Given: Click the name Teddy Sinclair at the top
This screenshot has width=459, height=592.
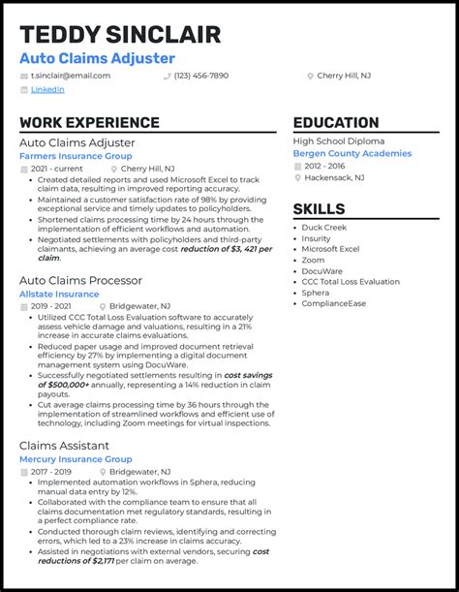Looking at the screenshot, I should click(x=120, y=35).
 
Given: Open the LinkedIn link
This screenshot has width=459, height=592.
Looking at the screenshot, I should click(x=47, y=89).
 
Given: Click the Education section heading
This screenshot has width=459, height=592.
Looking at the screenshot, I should click(x=336, y=123).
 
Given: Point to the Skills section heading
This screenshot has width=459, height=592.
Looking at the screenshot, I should click(x=319, y=209).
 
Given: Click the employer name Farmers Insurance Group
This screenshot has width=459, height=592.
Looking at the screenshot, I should click(x=76, y=155).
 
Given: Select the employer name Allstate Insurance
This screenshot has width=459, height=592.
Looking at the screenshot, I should click(x=59, y=294).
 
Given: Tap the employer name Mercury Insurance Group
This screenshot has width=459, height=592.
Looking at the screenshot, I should click(x=76, y=459).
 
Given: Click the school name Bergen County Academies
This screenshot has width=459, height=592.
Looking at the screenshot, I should click(x=352, y=153).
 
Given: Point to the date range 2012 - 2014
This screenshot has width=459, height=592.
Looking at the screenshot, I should click(x=328, y=166).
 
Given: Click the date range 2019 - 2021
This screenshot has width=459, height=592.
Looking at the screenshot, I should click(x=51, y=306).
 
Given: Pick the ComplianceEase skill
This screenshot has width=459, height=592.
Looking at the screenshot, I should click(x=334, y=303).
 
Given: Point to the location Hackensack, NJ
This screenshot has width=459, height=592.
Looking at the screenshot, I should click(x=334, y=178).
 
